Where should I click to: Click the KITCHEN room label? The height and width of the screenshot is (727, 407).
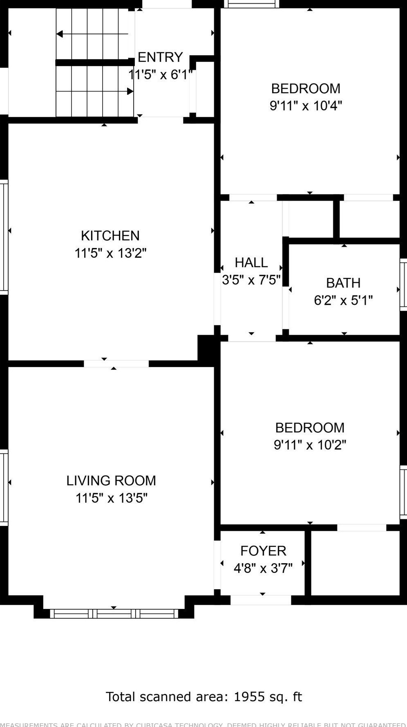110,236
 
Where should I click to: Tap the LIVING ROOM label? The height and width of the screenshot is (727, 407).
111,481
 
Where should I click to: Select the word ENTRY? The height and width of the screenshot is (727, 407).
160,57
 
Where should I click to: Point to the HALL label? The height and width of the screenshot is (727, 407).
251,262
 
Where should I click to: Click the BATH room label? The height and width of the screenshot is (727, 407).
343,283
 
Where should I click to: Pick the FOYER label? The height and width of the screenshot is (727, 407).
263,551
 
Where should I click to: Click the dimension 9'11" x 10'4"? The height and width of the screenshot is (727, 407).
306,106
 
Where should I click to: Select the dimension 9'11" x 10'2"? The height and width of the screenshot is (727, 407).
310,445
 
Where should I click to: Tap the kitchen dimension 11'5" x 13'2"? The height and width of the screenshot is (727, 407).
110,253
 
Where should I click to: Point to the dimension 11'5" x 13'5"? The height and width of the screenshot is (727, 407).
111,498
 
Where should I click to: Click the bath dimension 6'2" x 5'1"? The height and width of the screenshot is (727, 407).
343,301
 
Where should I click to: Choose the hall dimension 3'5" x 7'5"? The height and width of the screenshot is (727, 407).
251,280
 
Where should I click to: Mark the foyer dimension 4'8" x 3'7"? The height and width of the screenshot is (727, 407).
263,568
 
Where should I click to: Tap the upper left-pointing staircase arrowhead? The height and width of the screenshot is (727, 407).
60,34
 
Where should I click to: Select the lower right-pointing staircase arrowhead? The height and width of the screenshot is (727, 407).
130,91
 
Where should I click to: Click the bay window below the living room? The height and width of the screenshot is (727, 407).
114,613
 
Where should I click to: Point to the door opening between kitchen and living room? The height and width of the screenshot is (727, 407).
116,364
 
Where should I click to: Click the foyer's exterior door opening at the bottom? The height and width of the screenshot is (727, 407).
261,600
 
